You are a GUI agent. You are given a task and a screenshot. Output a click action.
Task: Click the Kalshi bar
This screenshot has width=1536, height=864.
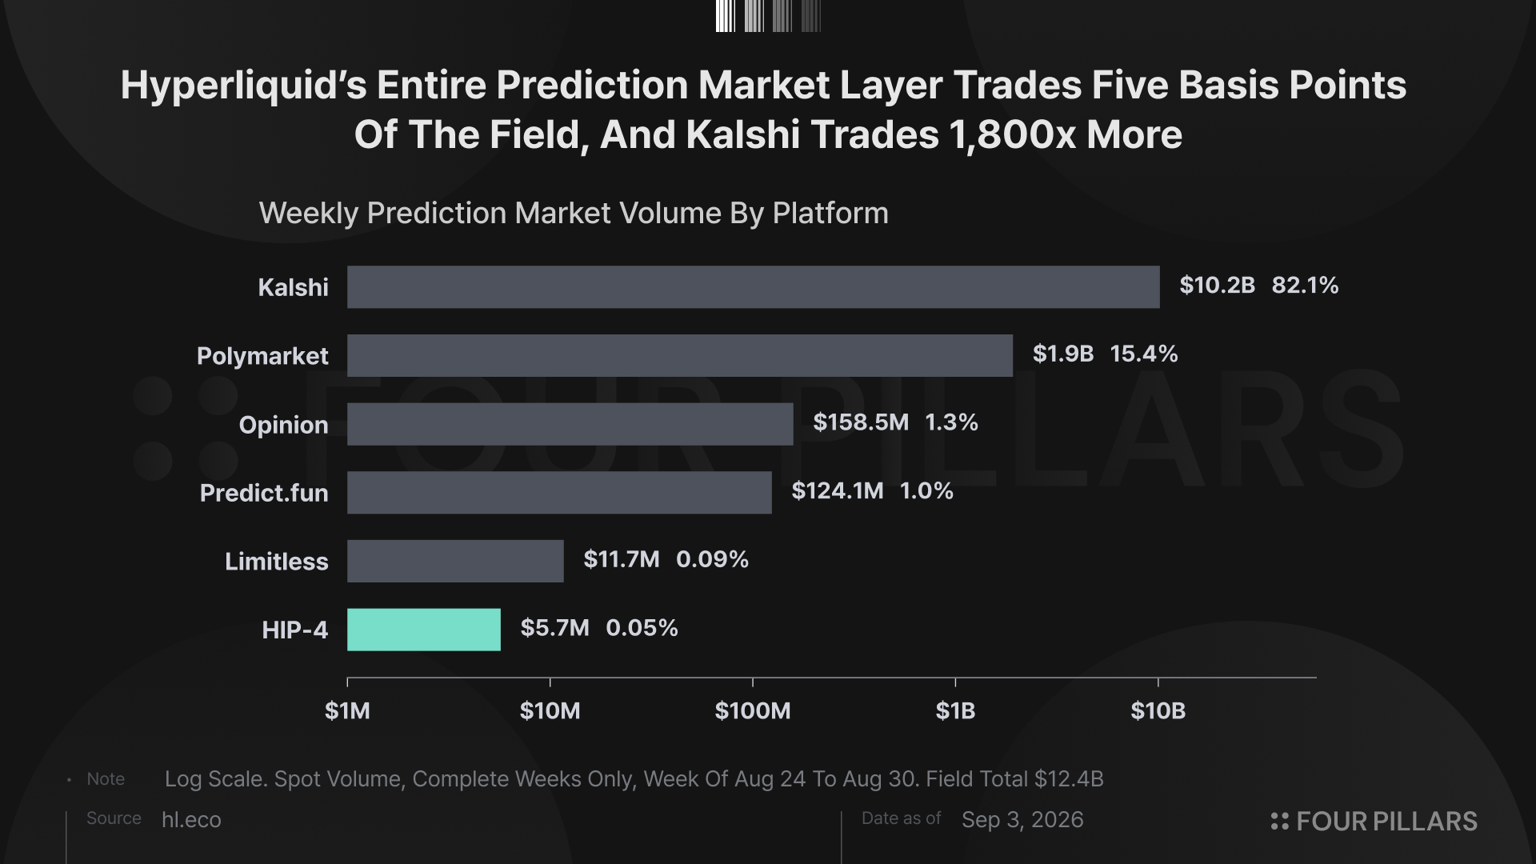753,287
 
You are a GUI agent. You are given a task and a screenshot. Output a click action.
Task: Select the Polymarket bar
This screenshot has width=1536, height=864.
680,355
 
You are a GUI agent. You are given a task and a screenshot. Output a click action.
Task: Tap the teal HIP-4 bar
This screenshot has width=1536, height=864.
424,630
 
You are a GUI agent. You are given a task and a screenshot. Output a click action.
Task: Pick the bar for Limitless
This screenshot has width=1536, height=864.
455,561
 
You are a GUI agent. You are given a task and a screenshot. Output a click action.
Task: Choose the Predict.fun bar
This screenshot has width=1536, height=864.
559,493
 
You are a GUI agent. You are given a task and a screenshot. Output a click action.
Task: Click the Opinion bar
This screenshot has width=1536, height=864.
570,424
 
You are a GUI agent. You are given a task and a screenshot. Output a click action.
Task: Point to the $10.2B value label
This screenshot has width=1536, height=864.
1217,286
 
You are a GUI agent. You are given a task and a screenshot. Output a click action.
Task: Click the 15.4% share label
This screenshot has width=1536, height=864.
1144,354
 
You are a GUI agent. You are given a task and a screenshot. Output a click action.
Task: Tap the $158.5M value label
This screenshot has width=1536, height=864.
861,422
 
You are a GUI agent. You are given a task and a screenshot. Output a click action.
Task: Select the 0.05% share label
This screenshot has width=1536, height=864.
642,628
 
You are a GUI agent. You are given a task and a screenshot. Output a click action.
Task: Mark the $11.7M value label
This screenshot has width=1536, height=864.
622,559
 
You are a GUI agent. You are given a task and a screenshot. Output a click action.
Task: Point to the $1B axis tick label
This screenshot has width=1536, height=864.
955,710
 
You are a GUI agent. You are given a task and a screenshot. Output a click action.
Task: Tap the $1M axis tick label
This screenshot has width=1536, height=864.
347,710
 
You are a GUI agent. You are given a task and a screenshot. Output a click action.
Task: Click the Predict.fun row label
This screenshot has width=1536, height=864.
264,493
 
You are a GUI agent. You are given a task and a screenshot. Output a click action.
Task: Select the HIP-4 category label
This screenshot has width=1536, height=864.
295,630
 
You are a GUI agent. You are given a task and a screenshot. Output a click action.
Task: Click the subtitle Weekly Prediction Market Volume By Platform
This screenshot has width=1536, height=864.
574,214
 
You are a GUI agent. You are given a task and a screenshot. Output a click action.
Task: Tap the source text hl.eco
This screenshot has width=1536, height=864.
191,820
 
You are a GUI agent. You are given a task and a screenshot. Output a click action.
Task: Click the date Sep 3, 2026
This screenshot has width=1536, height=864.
1022,820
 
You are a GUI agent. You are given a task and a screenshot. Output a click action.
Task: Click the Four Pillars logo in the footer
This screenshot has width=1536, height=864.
1374,822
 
